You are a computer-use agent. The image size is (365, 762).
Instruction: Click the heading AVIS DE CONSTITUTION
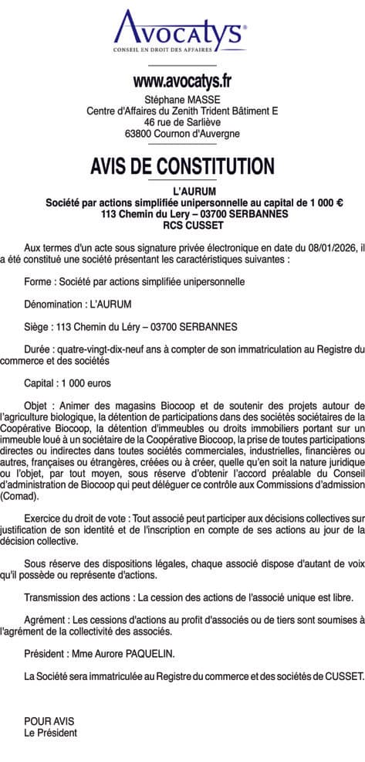pyautogui.click(x=182, y=165)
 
